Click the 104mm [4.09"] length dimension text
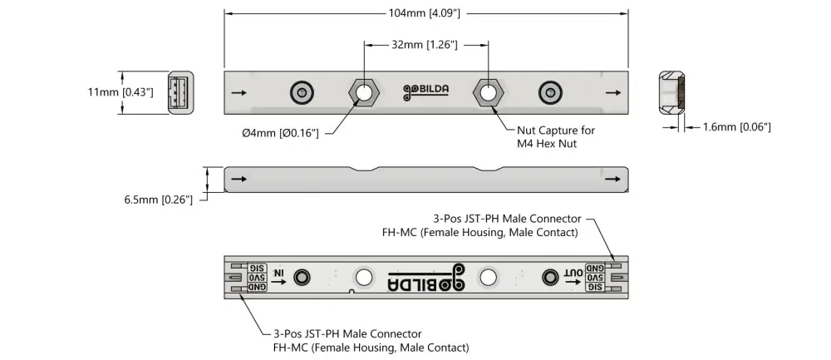(x=425, y=13)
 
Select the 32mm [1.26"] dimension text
(x=425, y=45)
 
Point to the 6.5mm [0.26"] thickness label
(x=158, y=200)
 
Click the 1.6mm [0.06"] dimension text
(x=736, y=127)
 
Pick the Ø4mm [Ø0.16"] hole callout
(x=281, y=133)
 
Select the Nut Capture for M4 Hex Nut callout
(x=555, y=137)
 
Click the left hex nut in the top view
(x=363, y=92)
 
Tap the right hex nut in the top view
(x=487, y=92)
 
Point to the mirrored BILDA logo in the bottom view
(x=425, y=277)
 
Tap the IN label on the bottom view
(x=280, y=274)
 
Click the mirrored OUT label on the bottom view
(x=573, y=274)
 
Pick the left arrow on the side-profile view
(x=239, y=178)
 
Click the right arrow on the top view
(x=612, y=92)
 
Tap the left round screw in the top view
(x=301, y=92)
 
